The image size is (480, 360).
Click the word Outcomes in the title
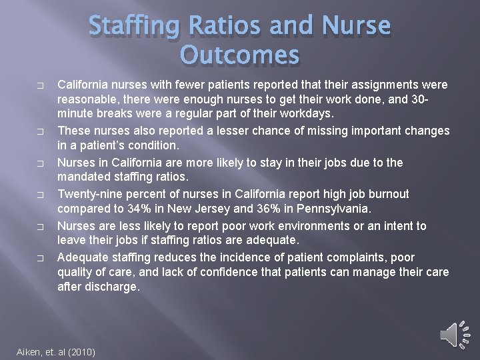pos(239,55)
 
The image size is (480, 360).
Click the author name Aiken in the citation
pos(29,352)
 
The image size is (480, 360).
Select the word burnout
pos(385,194)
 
